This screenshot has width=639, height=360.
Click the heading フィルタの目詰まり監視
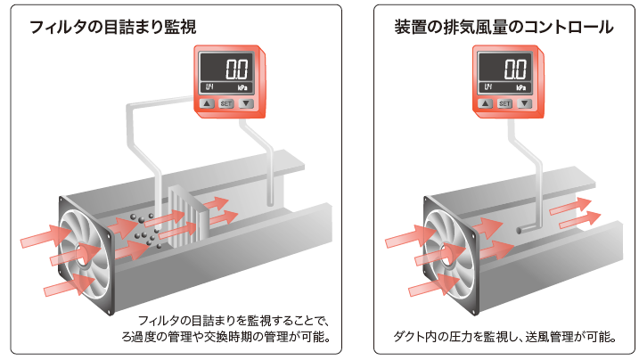[113, 28]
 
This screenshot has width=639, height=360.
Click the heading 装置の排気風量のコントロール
[502, 28]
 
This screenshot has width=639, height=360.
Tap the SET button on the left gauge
[225, 103]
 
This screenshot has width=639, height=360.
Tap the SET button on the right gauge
[504, 103]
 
